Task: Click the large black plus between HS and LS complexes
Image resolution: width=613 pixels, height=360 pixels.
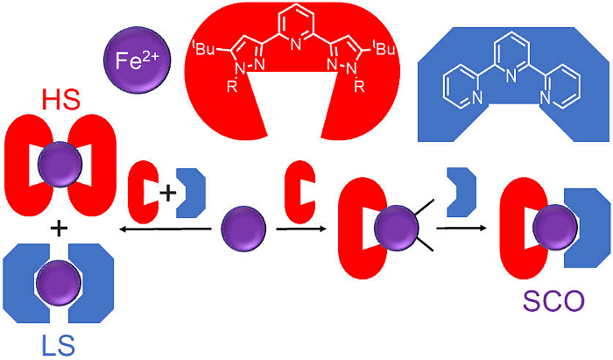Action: coord(59,229)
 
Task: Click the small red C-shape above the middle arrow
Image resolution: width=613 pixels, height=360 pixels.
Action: coord(299,190)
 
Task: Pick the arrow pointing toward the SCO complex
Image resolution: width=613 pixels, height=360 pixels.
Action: coord(464,229)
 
